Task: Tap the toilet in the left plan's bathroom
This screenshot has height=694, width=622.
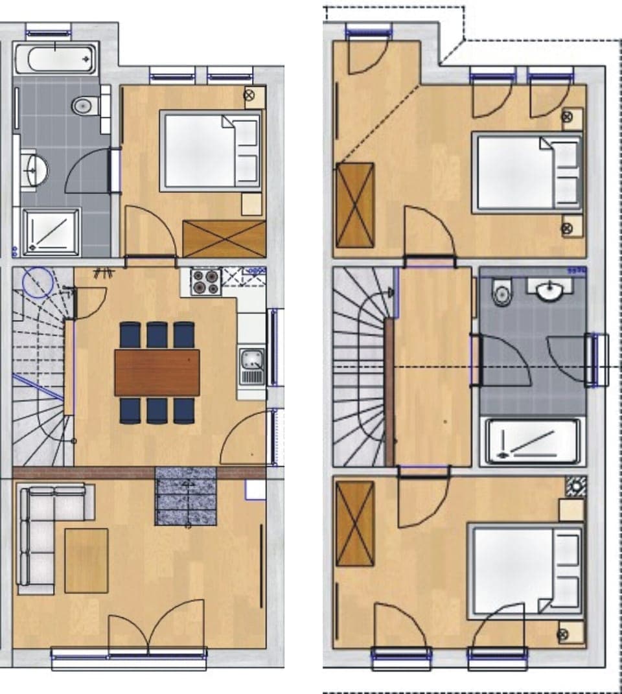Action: pos(85,105)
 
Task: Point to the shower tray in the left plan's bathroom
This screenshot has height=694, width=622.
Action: pos(51,231)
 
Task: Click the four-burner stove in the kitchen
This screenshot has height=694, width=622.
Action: pos(207,282)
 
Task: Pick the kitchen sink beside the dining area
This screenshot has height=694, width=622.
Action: pos(251,366)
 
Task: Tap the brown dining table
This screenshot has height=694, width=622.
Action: pos(157,372)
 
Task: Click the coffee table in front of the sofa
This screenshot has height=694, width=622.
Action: pos(86,560)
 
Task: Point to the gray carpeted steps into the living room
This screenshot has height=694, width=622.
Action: pos(185,496)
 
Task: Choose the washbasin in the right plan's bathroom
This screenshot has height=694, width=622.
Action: pos(550,290)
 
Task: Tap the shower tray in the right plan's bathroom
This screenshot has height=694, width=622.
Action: pos(532,441)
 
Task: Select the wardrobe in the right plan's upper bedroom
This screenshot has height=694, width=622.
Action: pos(355,205)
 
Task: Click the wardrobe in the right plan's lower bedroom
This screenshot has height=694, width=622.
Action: pos(355,524)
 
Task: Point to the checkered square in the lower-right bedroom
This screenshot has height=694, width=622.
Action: pos(575,487)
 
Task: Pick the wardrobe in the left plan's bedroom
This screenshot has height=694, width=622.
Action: pos(224,238)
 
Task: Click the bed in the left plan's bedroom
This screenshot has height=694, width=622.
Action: pos(211,152)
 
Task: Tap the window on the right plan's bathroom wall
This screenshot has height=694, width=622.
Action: pos(596,360)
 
